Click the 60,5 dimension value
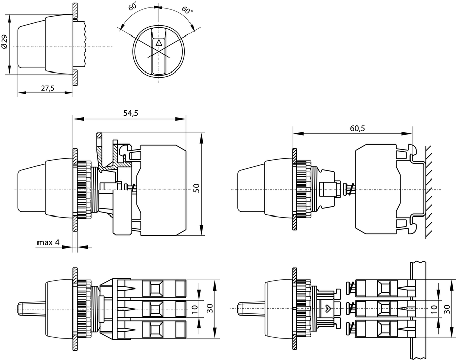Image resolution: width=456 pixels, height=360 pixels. click(357, 128)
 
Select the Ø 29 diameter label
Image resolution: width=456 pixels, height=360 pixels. click(5, 43)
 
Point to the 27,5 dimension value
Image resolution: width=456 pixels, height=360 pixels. click(47, 88)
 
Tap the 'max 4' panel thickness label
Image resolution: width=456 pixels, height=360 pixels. click(48, 243)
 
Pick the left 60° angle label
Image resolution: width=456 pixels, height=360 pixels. click(132, 7)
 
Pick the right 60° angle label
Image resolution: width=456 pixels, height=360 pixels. click(186, 10)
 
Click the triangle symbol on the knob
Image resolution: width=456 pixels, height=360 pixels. click(159, 43)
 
